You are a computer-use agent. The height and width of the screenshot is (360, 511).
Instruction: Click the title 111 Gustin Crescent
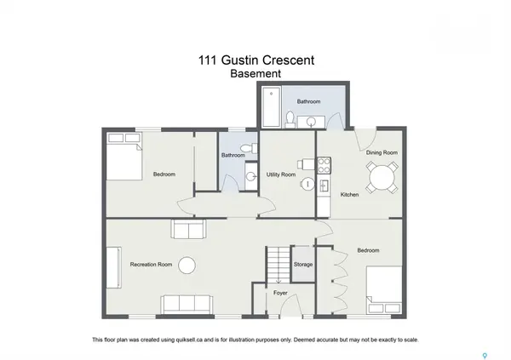tap(255, 61)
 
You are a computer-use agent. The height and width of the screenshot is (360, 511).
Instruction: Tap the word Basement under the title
tap(255, 74)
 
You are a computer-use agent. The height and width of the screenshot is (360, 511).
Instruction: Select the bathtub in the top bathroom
tap(270, 107)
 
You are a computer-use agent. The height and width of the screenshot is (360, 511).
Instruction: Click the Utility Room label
tap(281, 174)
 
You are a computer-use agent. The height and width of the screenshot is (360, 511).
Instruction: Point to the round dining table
tap(380, 177)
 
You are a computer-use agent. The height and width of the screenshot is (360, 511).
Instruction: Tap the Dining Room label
tap(382, 152)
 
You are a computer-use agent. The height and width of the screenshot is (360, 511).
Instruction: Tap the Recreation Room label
tap(151, 265)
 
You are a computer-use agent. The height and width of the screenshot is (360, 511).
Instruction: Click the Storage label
tap(303, 265)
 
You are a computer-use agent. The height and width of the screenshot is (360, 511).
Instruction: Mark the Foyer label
tap(280, 294)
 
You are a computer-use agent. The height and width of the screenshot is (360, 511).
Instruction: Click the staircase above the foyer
tap(278, 265)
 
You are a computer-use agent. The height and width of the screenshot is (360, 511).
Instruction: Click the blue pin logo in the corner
tap(487, 354)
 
